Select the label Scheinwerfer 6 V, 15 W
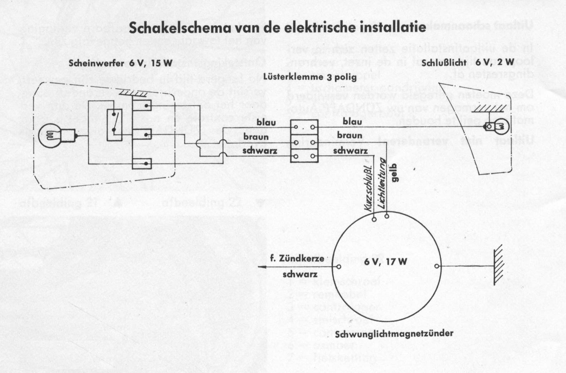(x=121, y=64)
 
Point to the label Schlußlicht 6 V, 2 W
(x=468, y=62)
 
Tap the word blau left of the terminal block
(x=266, y=122)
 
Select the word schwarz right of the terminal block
(x=350, y=151)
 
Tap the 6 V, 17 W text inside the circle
(x=385, y=261)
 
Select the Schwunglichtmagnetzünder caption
(x=394, y=334)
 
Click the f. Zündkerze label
(x=297, y=258)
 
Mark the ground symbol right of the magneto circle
(x=498, y=267)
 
